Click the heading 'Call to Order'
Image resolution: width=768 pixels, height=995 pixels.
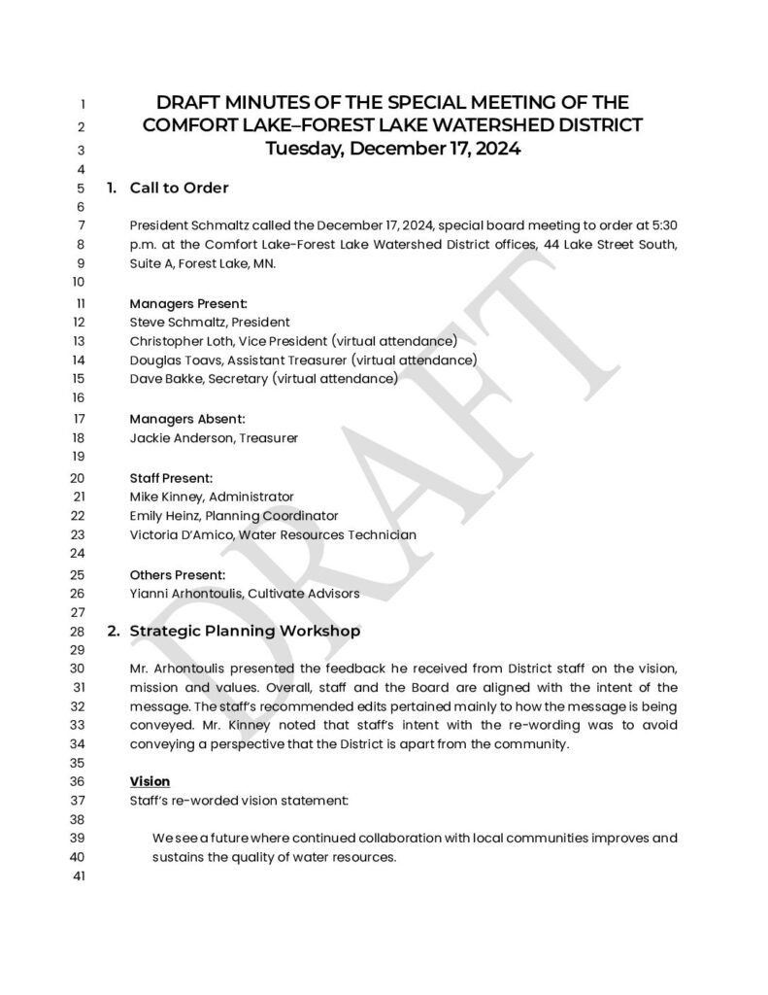[179, 188]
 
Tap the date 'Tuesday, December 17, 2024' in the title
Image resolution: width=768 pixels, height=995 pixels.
[393, 149]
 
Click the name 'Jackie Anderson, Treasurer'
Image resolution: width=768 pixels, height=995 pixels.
[214, 438]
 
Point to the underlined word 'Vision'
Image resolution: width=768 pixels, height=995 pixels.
[150, 781]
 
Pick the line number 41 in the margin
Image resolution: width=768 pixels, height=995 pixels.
[80, 877]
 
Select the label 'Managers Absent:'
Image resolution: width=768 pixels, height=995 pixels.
[186, 419]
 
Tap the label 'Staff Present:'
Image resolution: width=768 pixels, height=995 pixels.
[171, 478]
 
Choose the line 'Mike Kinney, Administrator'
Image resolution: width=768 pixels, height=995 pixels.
[211, 497]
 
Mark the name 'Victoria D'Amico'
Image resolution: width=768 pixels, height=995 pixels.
[181, 535]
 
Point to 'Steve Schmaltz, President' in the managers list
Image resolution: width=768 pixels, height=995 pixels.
[209, 322]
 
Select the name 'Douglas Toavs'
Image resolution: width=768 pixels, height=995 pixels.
[175, 360]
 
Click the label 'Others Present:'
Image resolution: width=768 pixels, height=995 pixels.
[178, 574]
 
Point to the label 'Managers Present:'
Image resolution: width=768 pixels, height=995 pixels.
[188, 303]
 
